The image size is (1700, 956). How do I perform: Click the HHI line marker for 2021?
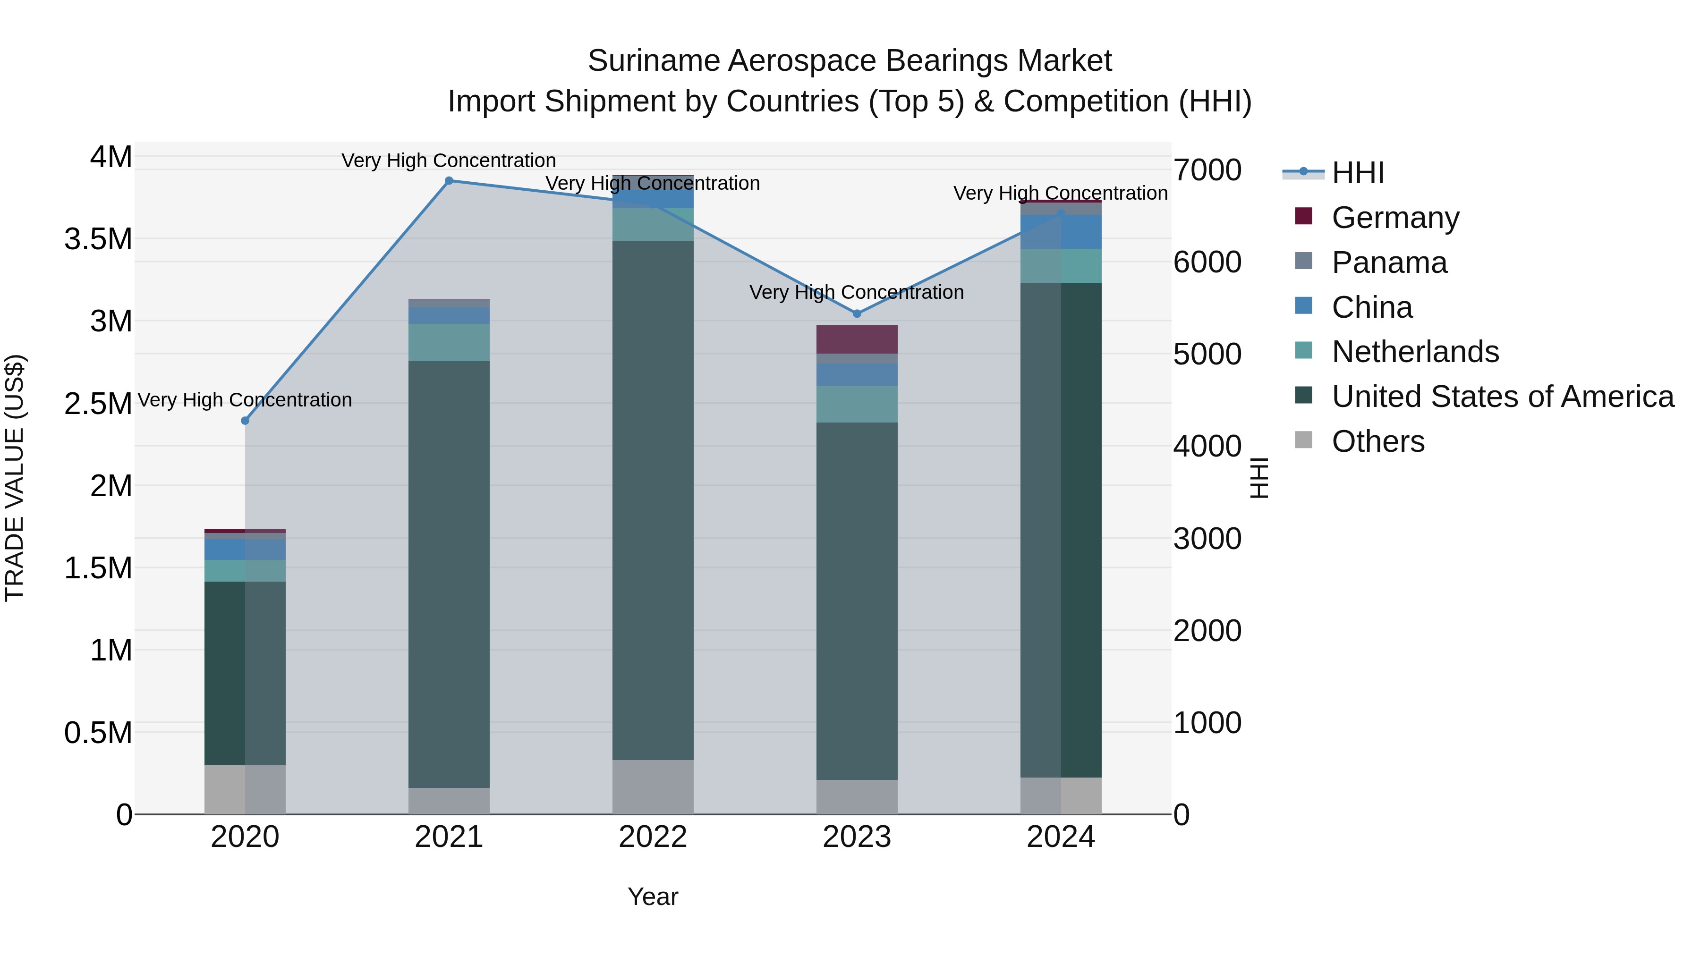pyautogui.click(x=449, y=181)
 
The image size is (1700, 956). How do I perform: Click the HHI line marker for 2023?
pyautogui.click(x=857, y=313)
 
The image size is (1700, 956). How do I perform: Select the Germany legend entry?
pyautogui.click(x=1395, y=218)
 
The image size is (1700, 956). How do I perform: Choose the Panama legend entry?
pyautogui.click(x=1389, y=262)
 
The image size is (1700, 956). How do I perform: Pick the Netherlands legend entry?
pyautogui.click(x=1415, y=352)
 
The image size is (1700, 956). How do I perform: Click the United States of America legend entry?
pyautogui.click(x=1503, y=397)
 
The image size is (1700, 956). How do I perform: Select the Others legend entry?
pyautogui.click(x=1378, y=441)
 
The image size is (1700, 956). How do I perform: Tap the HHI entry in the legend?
pyautogui.click(x=1358, y=173)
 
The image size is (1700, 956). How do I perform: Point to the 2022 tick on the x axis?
pyautogui.click(x=653, y=837)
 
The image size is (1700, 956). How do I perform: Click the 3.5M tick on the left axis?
pyautogui.click(x=98, y=239)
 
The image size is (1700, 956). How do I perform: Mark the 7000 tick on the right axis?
pyautogui.click(x=1207, y=170)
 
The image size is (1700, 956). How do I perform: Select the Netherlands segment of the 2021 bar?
pyautogui.click(x=449, y=342)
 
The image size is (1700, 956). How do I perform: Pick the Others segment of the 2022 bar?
pyautogui.click(x=653, y=787)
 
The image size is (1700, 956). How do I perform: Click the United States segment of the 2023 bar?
pyautogui.click(x=857, y=601)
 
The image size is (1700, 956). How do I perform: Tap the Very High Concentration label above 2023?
pyautogui.click(x=857, y=292)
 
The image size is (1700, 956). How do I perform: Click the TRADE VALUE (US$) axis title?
pyautogui.click(x=15, y=478)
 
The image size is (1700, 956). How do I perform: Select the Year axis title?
pyautogui.click(x=653, y=897)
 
